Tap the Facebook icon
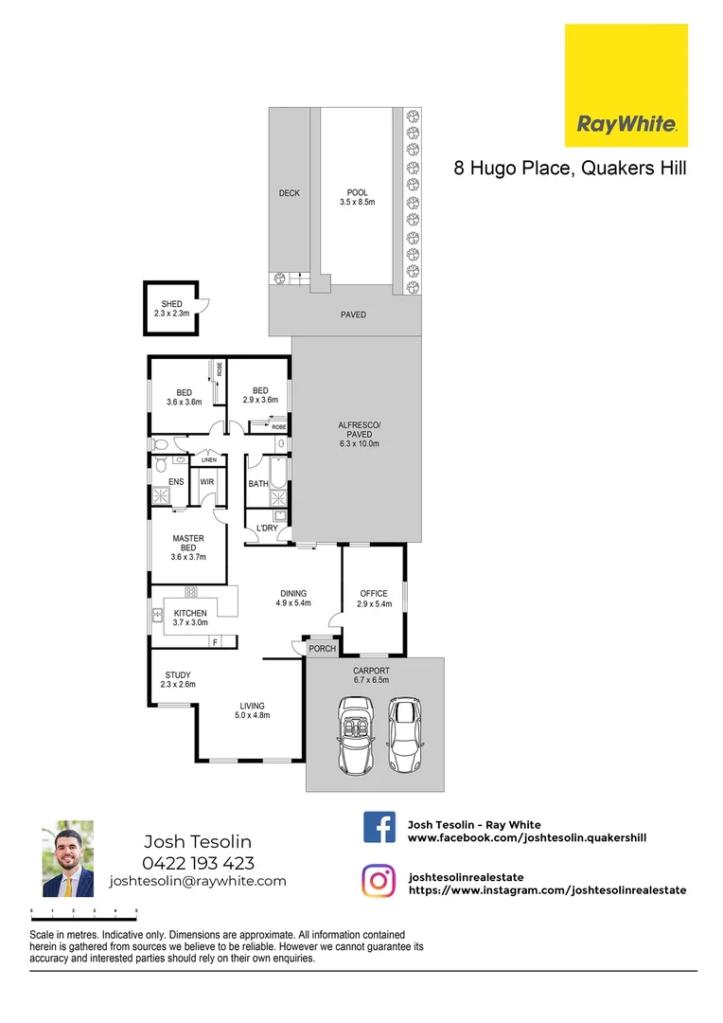click(379, 827)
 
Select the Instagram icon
click(379, 880)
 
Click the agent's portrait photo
click(68, 858)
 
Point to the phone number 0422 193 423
click(198, 862)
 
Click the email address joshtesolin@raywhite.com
click(198, 881)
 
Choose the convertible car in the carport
click(357, 735)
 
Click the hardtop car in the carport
click(405, 734)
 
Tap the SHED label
click(171, 304)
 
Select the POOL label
click(357, 192)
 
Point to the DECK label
click(289, 193)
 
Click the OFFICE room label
click(374, 594)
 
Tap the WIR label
click(206, 482)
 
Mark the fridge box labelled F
click(215, 643)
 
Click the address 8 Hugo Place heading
click(570, 169)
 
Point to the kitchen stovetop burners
click(190, 592)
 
